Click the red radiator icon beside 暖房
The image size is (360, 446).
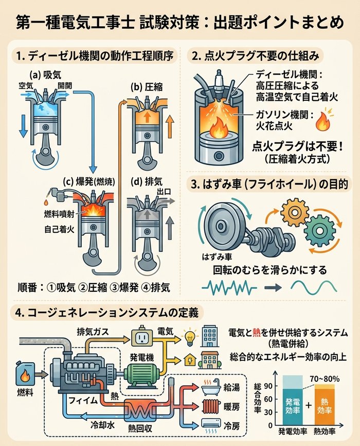tap(211, 406)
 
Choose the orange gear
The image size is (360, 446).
tap(295, 212)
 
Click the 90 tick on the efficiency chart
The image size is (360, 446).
tap(268, 386)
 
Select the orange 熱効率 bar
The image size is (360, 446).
tap(325, 405)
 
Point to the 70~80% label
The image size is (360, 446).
tap(325, 379)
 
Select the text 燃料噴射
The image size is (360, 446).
tap(59, 214)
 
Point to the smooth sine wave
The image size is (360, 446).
tap(314, 288)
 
